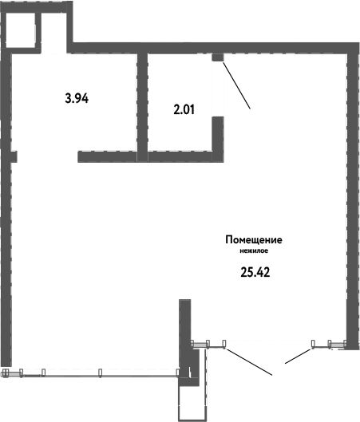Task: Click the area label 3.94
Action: (77, 98)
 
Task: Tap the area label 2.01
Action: (184, 109)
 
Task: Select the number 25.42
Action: (255, 273)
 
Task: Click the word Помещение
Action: (254, 239)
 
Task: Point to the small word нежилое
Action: (254, 251)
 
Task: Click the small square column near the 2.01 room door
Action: (218, 57)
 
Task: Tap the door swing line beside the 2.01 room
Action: (237, 85)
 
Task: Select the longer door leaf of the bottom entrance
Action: (249, 362)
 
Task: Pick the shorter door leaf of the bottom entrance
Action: (298, 357)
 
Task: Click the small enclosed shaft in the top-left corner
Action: (21, 30)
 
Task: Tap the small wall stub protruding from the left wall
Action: (14, 156)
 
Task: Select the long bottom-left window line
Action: (100, 376)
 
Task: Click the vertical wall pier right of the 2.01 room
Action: (218, 139)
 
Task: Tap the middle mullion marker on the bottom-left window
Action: (100, 373)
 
